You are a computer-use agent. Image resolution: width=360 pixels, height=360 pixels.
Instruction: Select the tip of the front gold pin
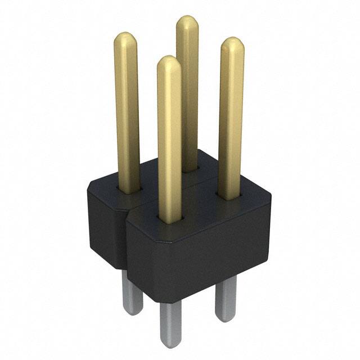click(169, 63)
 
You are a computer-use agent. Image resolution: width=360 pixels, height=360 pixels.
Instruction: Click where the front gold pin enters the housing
click(170, 217)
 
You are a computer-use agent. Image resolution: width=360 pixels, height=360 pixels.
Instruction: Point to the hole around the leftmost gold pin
click(128, 189)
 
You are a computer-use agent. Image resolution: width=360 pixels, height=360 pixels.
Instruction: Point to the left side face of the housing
click(104, 225)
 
